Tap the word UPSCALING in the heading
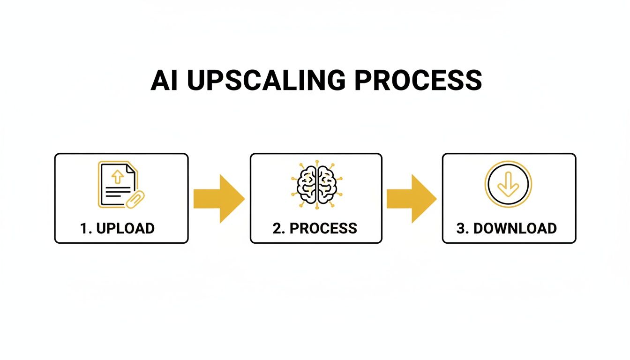[265, 81]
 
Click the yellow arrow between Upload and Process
[219, 199]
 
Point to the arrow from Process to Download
[412, 199]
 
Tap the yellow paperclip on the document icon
[135, 199]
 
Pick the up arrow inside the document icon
[117, 176]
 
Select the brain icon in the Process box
[316, 184]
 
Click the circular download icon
[508, 184]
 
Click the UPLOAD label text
[126, 228]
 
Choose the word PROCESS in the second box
[323, 228]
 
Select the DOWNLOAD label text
[515, 228]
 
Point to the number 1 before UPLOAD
[84, 228]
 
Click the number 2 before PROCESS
[277, 228]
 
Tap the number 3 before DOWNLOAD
[461, 228]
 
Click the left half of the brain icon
[307, 184]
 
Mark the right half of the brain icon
[326, 184]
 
